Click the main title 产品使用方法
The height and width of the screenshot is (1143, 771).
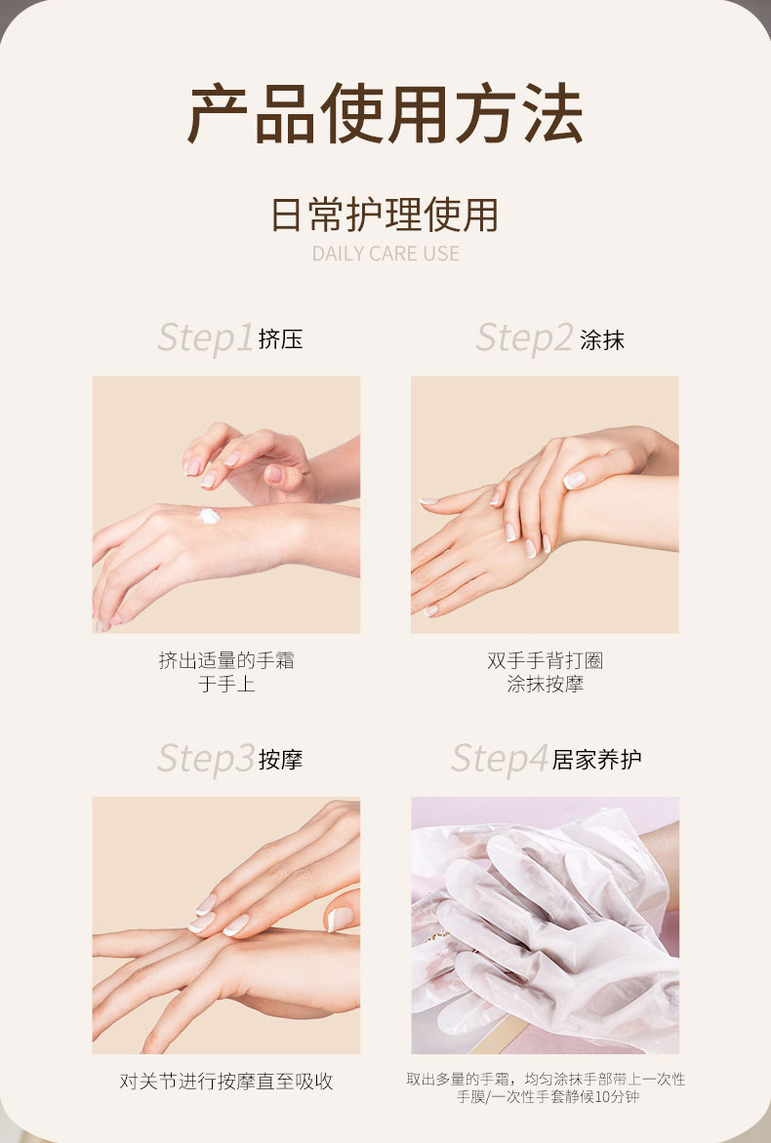(x=385, y=114)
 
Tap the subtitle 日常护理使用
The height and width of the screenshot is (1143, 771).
(x=385, y=215)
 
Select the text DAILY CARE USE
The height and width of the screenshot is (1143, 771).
(x=385, y=254)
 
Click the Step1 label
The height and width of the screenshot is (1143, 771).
(x=205, y=338)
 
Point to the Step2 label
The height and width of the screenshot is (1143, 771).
(x=524, y=338)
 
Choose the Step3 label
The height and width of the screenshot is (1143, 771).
(x=206, y=759)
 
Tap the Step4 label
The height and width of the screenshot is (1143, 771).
(x=500, y=759)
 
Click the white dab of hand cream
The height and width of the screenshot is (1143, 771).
(x=210, y=516)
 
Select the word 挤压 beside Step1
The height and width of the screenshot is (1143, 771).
(x=280, y=339)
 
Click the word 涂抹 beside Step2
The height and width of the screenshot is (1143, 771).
(x=602, y=339)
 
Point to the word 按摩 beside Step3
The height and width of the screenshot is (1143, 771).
(x=280, y=760)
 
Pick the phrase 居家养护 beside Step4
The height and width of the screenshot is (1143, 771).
(x=596, y=760)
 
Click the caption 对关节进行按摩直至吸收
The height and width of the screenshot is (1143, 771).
(x=226, y=1081)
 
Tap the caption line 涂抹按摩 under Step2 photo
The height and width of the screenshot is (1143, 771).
(x=545, y=684)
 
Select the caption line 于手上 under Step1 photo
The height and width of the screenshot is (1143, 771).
(x=226, y=684)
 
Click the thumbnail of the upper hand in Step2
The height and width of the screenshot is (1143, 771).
(x=574, y=480)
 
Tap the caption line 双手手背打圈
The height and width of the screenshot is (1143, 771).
(x=545, y=660)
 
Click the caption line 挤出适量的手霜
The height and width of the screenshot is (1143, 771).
(x=226, y=660)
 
